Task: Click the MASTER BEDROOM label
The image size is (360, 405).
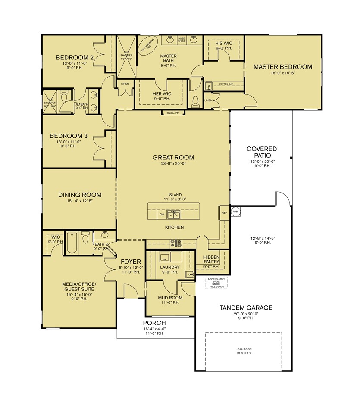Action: [x=282, y=67]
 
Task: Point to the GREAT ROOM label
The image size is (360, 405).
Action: [x=173, y=157]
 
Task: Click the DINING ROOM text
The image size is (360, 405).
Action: [x=80, y=195]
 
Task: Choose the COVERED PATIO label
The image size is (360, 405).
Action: [x=261, y=152]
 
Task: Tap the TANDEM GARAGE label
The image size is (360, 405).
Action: [x=246, y=308]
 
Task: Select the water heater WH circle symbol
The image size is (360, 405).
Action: [x=236, y=212]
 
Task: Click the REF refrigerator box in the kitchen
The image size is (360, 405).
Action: [x=224, y=213]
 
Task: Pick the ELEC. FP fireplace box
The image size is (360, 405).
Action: [x=173, y=113]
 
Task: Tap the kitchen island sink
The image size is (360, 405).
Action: [x=174, y=214]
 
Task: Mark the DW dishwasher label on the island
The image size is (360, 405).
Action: [x=162, y=214]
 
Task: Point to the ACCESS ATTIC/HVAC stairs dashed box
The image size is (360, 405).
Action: [x=216, y=282]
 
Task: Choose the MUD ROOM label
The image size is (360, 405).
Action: [x=170, y=298]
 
